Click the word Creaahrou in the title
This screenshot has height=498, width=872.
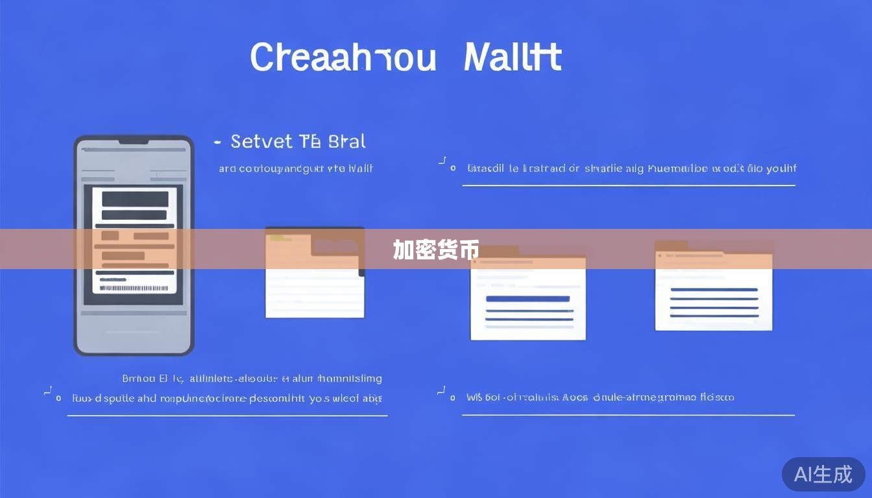pos(343,57)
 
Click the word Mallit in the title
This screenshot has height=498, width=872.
pos(513,57)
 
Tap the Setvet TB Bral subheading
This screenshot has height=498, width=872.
pos(298,141)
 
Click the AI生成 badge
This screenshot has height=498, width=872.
pos(823,474)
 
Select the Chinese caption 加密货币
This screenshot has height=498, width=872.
pos(435,250)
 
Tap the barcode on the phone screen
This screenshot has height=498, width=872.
pos(134,287)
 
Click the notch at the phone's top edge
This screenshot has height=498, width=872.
pos(134,141)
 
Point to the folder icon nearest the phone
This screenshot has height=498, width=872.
pos(315,272)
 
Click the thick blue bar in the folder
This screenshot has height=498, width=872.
pos(527,299)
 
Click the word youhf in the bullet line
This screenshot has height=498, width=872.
pos(781,169)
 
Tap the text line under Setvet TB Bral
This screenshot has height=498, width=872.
pos(296,169)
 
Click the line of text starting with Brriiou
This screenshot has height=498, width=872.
pos(252,378)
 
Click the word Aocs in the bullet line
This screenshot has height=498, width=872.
pos(574,397)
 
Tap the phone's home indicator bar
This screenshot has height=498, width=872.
pos(134,332)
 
